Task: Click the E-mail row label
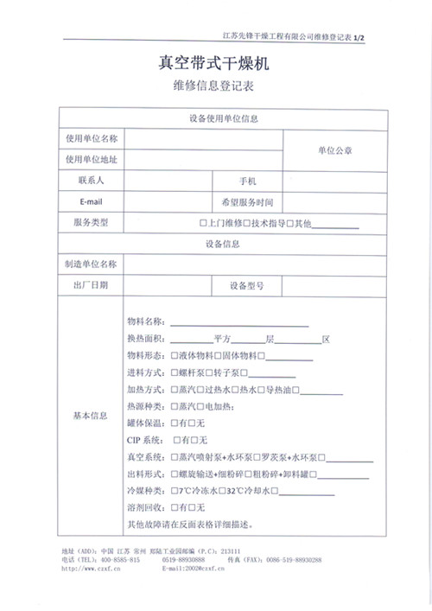tap(92, 201)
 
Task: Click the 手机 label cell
tap(247, 181)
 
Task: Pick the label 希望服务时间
tap(247, 201)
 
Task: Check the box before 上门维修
tap(203, 223)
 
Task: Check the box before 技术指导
tap(246, 223)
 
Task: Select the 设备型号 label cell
tap(247, 285)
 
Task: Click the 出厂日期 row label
tap(92, 285)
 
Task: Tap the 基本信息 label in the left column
tap(92, 416)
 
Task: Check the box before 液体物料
tap(175, 355)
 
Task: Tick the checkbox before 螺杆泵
tap(175, 372)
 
